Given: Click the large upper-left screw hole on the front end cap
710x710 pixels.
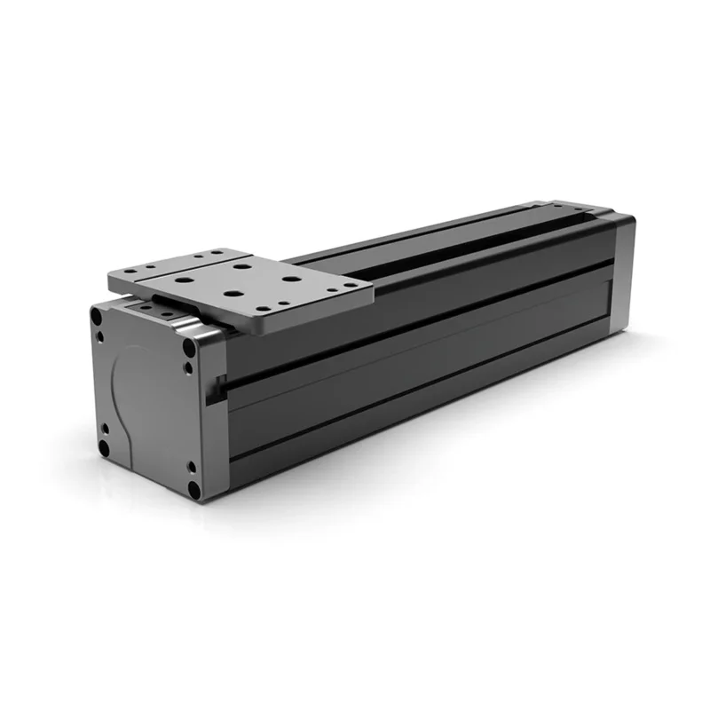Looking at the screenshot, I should pos(96,314).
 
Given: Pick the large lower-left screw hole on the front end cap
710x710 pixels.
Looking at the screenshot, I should pos(104,448).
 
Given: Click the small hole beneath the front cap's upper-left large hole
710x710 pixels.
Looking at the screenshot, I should pos(99,336).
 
